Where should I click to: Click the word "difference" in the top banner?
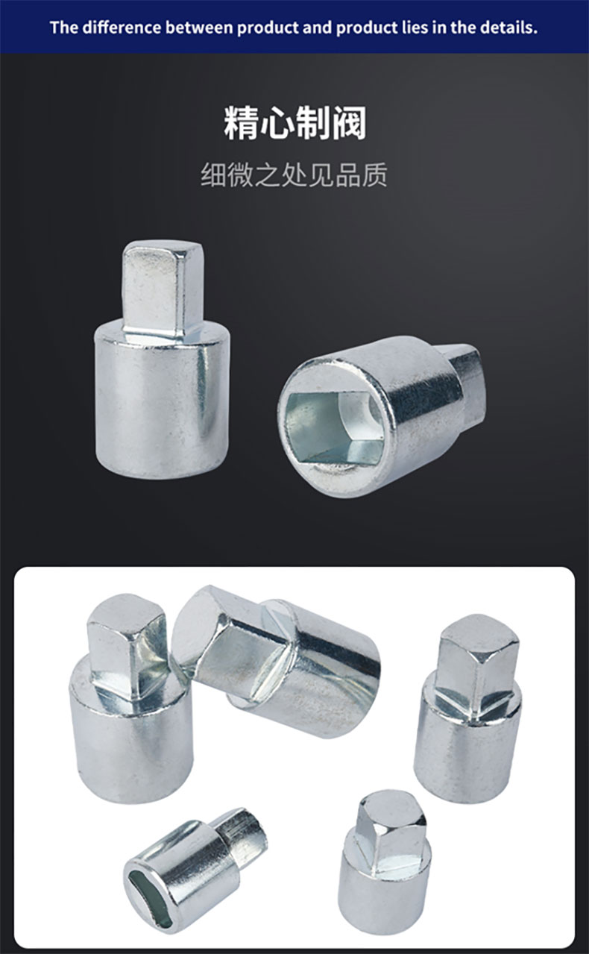[x=122, y=28]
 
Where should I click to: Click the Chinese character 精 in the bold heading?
[x=241, y=123]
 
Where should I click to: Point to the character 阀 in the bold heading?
[x=349, y=123]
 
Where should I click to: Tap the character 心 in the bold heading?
[x=277, y=123]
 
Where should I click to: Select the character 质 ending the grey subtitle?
[x=374, y=175]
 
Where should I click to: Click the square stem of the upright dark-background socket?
[x=162, y=289]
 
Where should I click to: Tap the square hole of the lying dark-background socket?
[x=335, y=427]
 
